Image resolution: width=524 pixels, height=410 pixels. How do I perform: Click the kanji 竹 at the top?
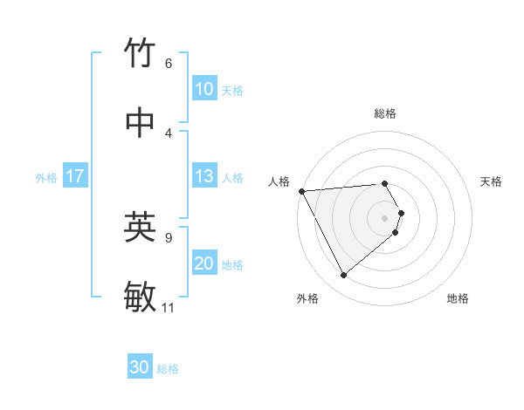141,54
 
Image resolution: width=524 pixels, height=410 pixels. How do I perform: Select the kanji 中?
141,123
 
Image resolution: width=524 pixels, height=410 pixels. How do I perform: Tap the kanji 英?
141,228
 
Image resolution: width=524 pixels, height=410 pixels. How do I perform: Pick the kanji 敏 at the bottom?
141,297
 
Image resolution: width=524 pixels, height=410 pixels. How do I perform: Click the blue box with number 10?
204,89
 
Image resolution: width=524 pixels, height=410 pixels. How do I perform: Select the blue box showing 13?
204,176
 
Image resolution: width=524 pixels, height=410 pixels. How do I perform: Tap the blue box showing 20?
204,263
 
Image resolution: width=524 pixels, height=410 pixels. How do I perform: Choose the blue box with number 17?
75,176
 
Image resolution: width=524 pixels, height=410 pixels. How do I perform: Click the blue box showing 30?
140,367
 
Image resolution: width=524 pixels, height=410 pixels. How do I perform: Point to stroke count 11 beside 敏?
169,307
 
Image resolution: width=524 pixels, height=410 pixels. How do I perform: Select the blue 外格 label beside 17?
46,178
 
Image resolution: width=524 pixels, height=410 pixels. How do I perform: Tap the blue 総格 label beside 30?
168,369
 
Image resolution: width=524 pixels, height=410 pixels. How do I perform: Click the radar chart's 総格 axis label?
385,113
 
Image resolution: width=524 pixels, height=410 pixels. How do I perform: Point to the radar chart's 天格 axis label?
492,181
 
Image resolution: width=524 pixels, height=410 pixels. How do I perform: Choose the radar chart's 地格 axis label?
458,298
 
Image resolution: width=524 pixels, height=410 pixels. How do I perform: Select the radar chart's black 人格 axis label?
279,181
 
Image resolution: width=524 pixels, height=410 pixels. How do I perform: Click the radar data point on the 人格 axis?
301,191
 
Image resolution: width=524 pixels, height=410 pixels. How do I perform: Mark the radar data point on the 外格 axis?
343,276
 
